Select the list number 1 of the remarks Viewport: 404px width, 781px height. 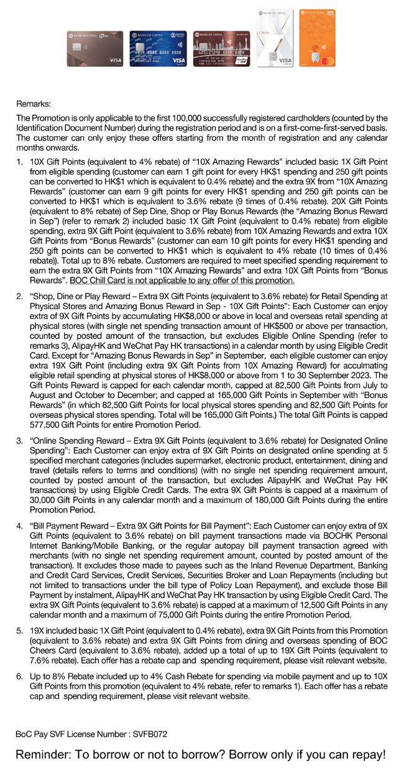19,162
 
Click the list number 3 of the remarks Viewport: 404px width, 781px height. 19,441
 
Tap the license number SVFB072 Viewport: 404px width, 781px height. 149,734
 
